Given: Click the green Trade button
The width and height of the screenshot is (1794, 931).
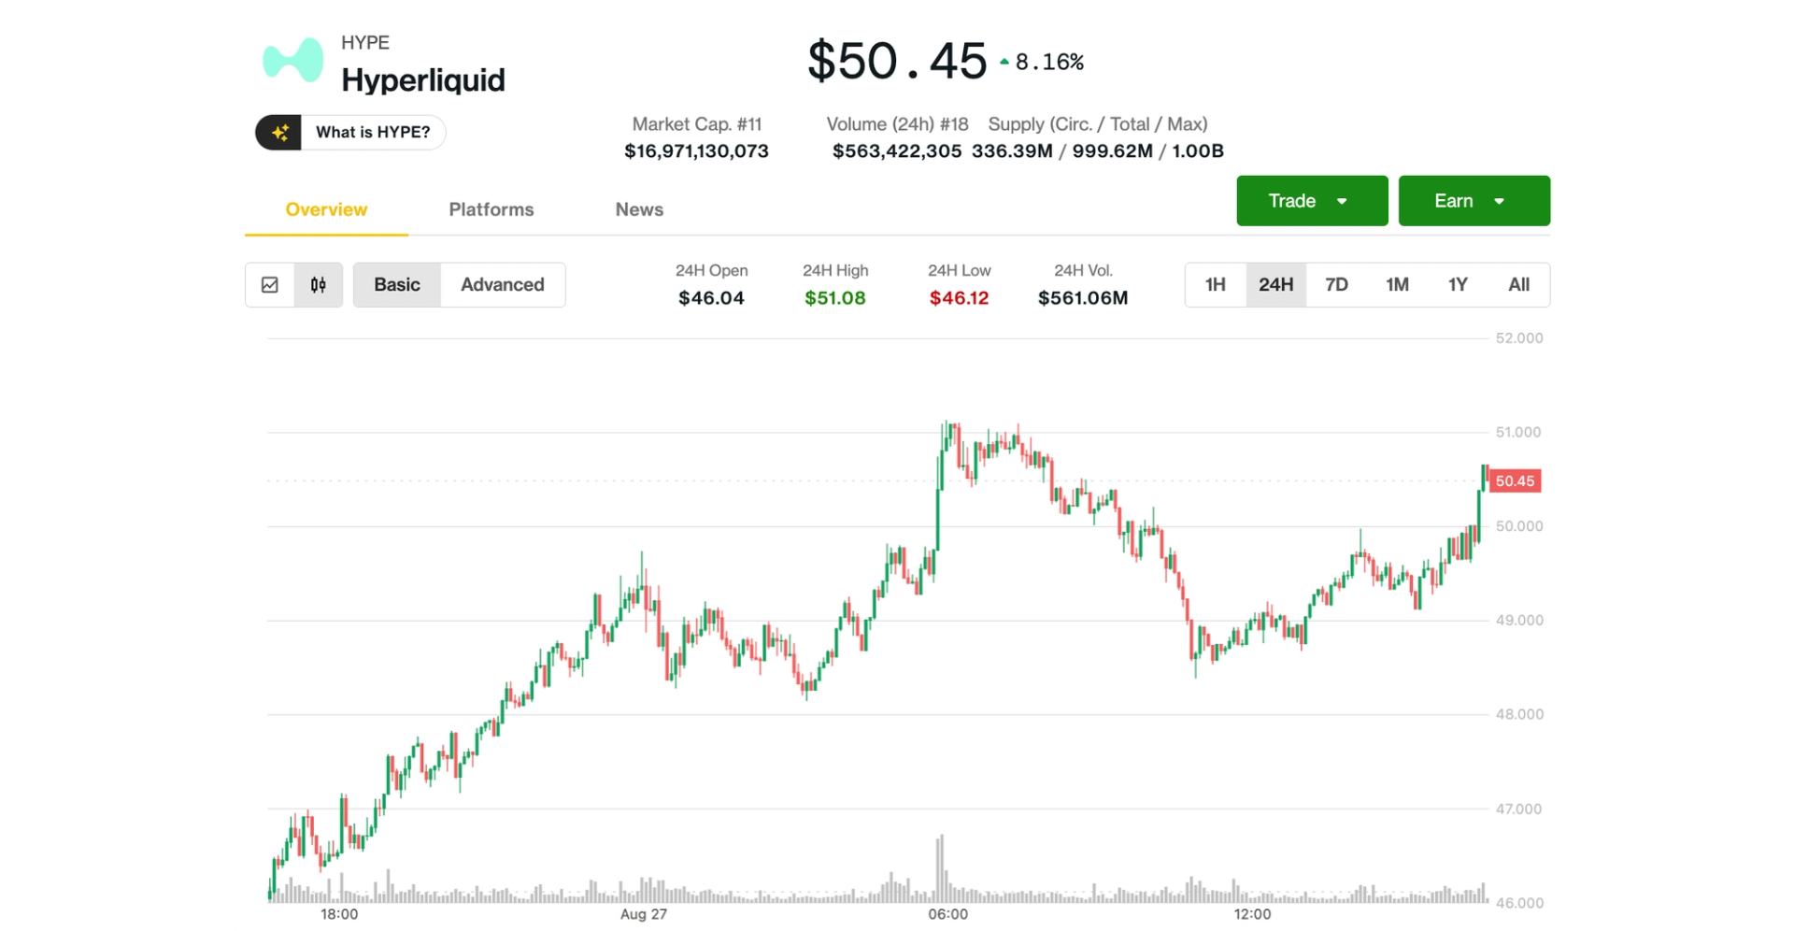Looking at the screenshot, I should coord(1311,201).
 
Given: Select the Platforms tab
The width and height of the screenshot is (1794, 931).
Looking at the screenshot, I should coord(491,209).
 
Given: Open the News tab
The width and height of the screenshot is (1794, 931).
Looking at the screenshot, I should coord(639,209).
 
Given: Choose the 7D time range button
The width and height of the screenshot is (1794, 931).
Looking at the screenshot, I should coord(1336,284).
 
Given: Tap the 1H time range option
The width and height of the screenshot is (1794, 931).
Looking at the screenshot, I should coord(1215,284).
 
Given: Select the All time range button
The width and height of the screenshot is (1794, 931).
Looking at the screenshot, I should coord(1518,284).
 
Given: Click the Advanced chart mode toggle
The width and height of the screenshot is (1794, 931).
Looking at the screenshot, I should coord(502,284).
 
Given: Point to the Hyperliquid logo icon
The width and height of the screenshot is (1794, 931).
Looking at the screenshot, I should coord(293,61).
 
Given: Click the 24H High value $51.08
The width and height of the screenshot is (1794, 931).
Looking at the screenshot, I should coord(834,298).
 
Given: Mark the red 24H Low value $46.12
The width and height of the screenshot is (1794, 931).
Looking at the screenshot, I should coord(959,298).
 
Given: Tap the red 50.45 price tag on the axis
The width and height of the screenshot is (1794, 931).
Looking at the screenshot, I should coord(1514,481).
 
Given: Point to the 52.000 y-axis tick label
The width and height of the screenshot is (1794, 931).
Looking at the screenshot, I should coord(1518,338).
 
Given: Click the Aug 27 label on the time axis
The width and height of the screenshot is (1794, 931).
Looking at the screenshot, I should coord(644,914).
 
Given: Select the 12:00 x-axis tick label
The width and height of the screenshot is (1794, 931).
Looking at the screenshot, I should coord(1252,914).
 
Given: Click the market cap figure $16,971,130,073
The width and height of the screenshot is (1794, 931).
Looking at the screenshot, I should coord(696,151).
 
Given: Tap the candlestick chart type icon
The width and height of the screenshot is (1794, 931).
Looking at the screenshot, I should coord(319,284).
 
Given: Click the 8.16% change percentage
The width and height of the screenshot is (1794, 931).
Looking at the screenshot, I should coord(1048,63).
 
